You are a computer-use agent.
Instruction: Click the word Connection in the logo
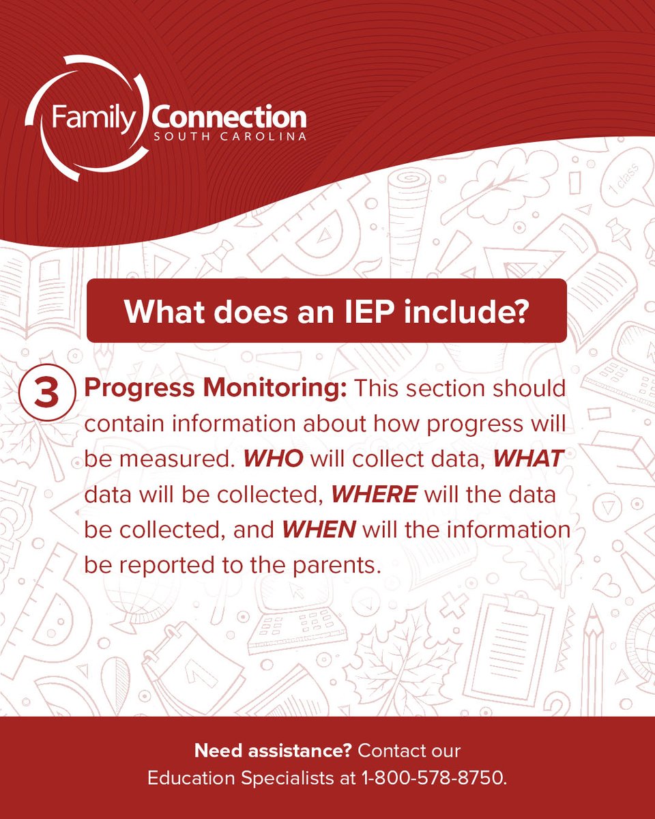[x=229, y=117]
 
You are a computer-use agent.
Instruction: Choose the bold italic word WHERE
[x=374, y=494]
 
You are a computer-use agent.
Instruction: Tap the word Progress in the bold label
[x=130, y=389]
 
